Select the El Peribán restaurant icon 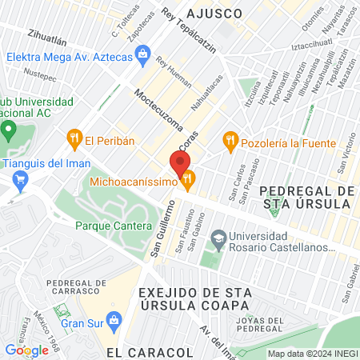(75, 140)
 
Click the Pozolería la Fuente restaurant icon (231, 142)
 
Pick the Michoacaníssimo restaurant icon (188, 182)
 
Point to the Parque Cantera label (113, 226)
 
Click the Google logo (26, 350)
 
